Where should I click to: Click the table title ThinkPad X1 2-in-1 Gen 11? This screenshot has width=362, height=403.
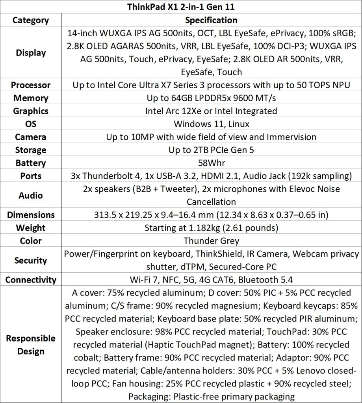(x=181, y=7)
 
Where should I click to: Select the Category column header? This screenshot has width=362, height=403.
(x=31, y=20)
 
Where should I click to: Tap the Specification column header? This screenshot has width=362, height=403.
(x=211, y=20)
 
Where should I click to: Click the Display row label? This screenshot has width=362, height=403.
(x=31, y=53)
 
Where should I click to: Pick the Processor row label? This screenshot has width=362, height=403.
(x=31, y=85)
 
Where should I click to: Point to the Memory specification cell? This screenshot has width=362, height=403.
(x=211, y=98)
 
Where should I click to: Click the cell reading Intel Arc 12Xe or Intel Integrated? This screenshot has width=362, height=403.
(x=211, y=111)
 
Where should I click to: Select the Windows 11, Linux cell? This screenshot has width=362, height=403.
(x=211, y=124)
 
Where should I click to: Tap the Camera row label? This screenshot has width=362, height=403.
(x=31, y=137)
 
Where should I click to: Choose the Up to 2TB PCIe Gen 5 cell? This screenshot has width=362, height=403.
(x=211, y=150)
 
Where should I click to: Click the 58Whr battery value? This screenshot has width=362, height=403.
(x=211, y=163)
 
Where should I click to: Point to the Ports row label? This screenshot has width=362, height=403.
(x=31, y=176)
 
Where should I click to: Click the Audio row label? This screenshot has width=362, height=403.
(x=31, y=195)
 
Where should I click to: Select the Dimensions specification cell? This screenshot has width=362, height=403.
(x=211, y=215)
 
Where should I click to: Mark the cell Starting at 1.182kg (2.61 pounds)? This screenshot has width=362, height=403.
(x=211, y=228)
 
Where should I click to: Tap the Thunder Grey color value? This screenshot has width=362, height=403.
(x=211, y=241)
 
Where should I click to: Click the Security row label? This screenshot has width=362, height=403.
(x=31, y=260)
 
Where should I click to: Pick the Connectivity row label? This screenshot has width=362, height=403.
(x=31, y=280)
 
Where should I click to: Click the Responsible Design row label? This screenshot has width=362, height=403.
(x=31, y=345)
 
